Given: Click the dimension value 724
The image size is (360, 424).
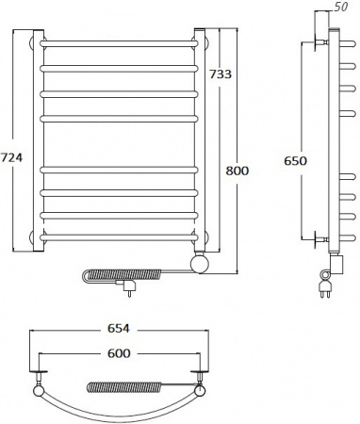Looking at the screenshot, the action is pyautogui.click(x=11, y=157).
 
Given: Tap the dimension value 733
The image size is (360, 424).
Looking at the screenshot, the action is pyautogui.click(x=221, y=74).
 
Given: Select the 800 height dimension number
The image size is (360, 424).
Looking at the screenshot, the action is pyautogui.click(x=237, y=171).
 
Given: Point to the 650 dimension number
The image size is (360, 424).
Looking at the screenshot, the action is pyautogui.click(x=295, y=160).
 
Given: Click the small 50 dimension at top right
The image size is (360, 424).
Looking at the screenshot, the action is pyautogui.click(x=340, y=7).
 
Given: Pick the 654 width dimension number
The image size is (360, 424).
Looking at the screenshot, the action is pyautogui.click(x=119, y=329).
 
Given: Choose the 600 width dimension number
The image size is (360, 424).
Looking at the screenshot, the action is pyautogui.click(x=119, y=353).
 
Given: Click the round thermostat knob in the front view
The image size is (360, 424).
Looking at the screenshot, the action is pyautogui.click(x=200, y=264).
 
